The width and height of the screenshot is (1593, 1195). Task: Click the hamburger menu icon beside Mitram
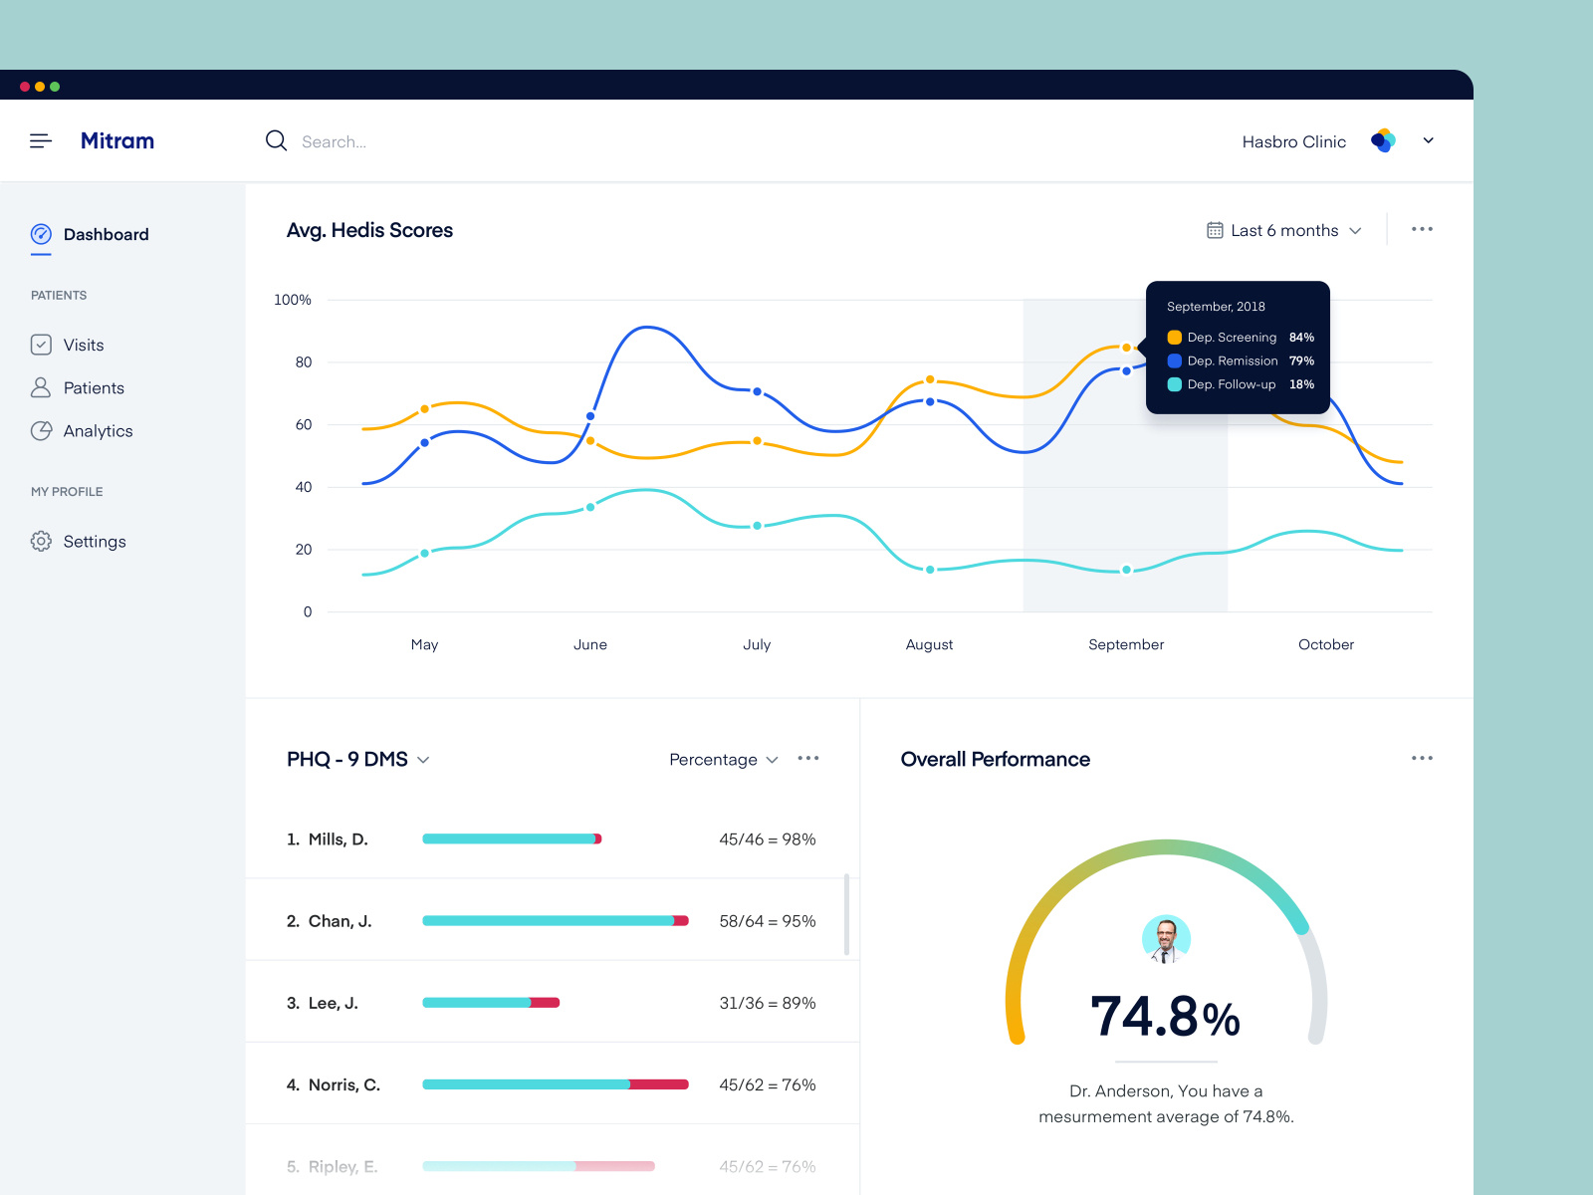41,141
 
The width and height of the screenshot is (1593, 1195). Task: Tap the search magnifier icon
276,141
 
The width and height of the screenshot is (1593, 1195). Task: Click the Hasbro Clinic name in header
1293,141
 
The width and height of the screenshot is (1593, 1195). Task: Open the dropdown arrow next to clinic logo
1428,140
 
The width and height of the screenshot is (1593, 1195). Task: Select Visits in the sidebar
83,345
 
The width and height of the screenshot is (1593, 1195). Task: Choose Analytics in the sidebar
97,431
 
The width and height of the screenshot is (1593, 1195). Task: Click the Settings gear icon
41,541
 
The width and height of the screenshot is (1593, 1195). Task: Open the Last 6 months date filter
1284,230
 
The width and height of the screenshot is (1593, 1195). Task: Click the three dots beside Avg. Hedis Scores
1422,229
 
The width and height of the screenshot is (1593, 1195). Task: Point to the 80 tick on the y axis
304,362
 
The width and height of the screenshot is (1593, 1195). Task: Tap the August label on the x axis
929,644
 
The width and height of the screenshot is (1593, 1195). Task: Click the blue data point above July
757,391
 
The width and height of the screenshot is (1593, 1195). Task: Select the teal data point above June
590,507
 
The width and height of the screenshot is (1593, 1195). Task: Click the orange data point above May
425,409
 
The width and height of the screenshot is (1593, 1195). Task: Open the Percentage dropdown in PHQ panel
723,760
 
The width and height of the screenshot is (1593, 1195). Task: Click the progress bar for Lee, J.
491,1003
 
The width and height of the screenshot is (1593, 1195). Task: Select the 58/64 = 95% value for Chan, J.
767,921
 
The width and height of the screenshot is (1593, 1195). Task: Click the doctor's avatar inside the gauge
1166,939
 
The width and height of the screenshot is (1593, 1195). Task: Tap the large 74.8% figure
1165,1017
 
